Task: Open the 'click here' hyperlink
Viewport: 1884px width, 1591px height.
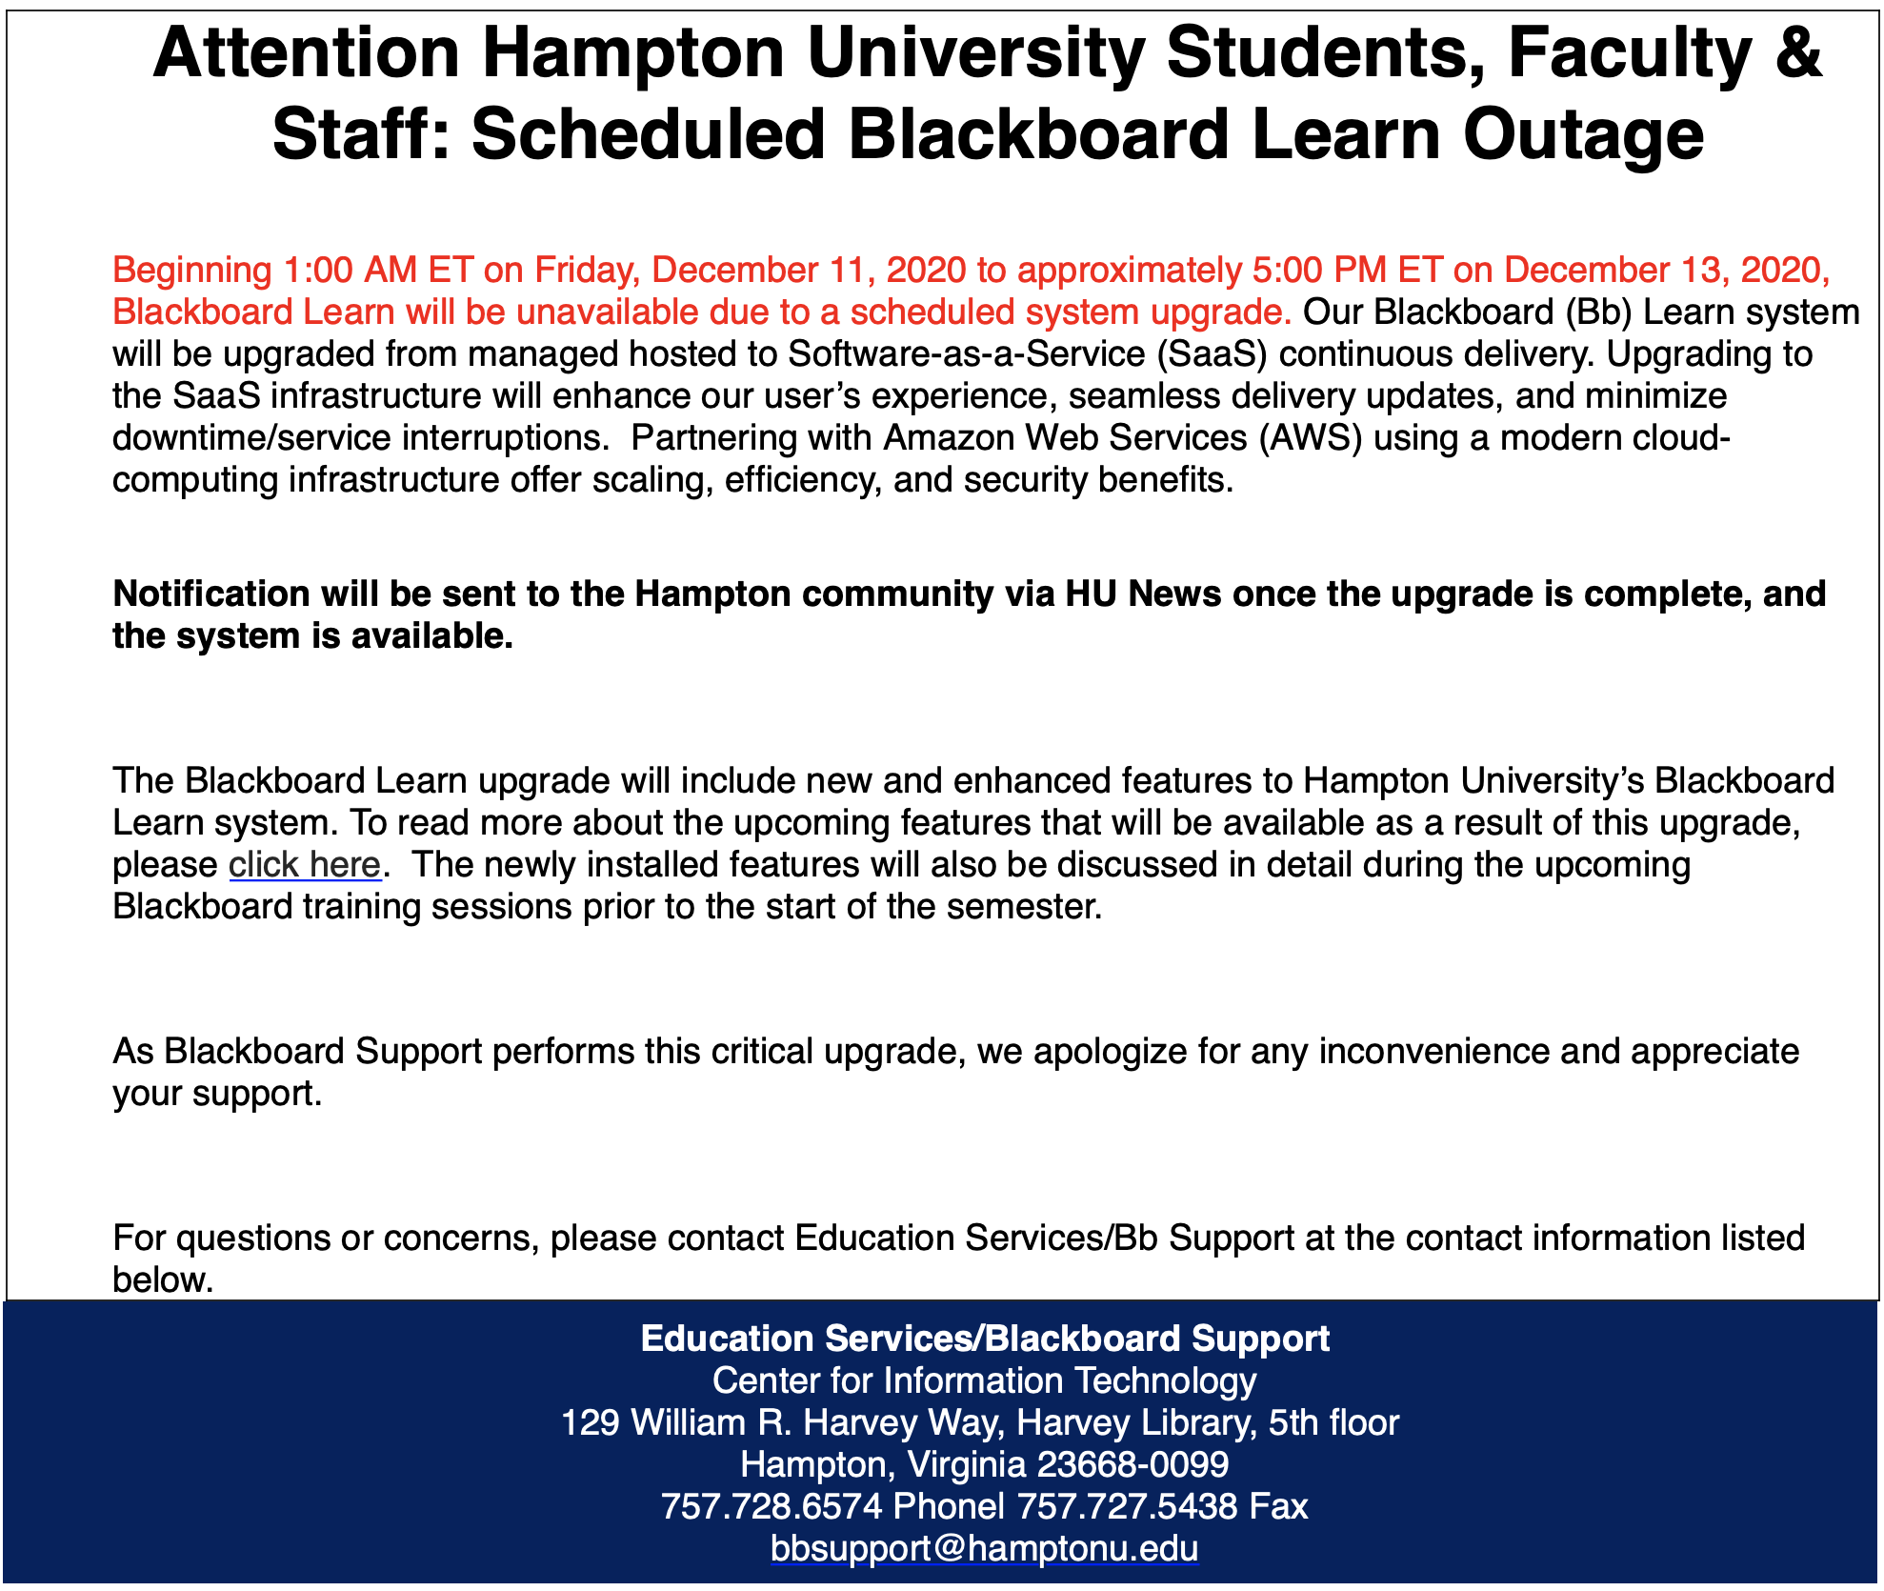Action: pos(305,864)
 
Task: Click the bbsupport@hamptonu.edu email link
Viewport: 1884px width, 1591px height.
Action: pos(984,1548)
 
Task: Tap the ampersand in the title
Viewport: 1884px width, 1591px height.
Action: pos(1798,53)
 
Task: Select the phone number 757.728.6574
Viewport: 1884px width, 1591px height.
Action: pos(772,1506)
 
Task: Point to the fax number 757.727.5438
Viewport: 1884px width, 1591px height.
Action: pos(1128,1506)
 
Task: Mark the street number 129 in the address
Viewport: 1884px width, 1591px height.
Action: pos(591,1422)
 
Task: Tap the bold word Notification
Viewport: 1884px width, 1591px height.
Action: pos(210,594)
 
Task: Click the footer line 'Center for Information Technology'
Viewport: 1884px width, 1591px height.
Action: pos(984,1380)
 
